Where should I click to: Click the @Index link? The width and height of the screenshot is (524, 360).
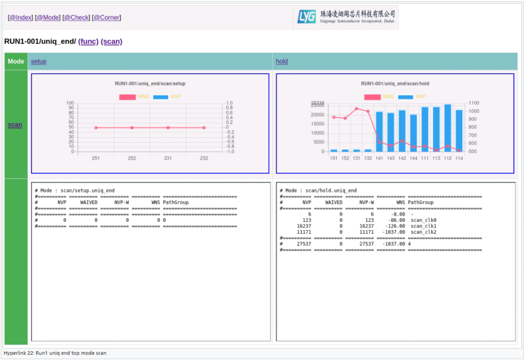click(x=20, y=17)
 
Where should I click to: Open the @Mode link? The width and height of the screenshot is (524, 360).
click(x=47, y=17)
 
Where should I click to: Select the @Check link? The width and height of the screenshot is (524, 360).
click(x=76, y=17)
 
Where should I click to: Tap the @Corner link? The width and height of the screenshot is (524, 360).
click(x=106, y=17)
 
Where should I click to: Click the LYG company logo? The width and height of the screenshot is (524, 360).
click(x=346, y=17)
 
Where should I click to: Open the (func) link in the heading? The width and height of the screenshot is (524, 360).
click(x=88, y=41)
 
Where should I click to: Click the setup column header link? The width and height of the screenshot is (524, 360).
click(x=38, y=61)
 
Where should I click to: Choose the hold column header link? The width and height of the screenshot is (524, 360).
click(x=281, y=61)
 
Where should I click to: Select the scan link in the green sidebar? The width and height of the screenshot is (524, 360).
click(x=15, y=124)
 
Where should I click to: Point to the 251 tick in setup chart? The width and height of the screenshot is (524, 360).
click(x=96, y=159)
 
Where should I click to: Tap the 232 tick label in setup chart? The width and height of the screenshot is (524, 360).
click(x=204, y=159)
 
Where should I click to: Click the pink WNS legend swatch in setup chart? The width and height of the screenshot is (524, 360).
click(x=127, y=97)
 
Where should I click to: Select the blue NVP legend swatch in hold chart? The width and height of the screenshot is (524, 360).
click(x=405, y=97)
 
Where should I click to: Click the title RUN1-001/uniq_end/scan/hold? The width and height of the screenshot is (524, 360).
click(x=395, y=83)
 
